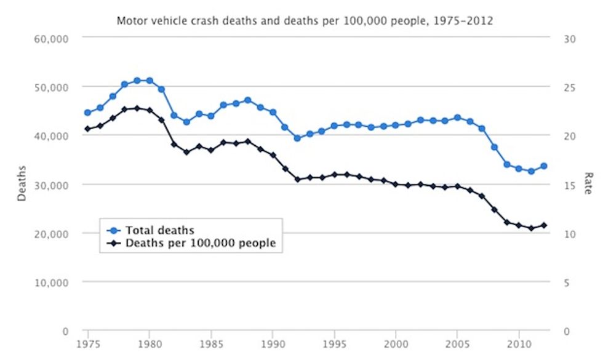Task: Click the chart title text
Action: (305, 20)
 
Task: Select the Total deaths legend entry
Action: (159, 231)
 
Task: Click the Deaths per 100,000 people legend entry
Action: (200, 243)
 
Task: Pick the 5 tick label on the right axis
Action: (567, 282)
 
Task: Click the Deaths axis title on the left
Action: (22, 184)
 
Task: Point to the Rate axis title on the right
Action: (588, 184)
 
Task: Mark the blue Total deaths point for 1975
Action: (87, 113)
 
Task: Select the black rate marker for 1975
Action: (87, 129)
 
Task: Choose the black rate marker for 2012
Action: (543, 225)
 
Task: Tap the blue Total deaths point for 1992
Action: (297, 138)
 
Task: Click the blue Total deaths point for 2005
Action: (457, 118)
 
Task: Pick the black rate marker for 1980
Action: (150, 110)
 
